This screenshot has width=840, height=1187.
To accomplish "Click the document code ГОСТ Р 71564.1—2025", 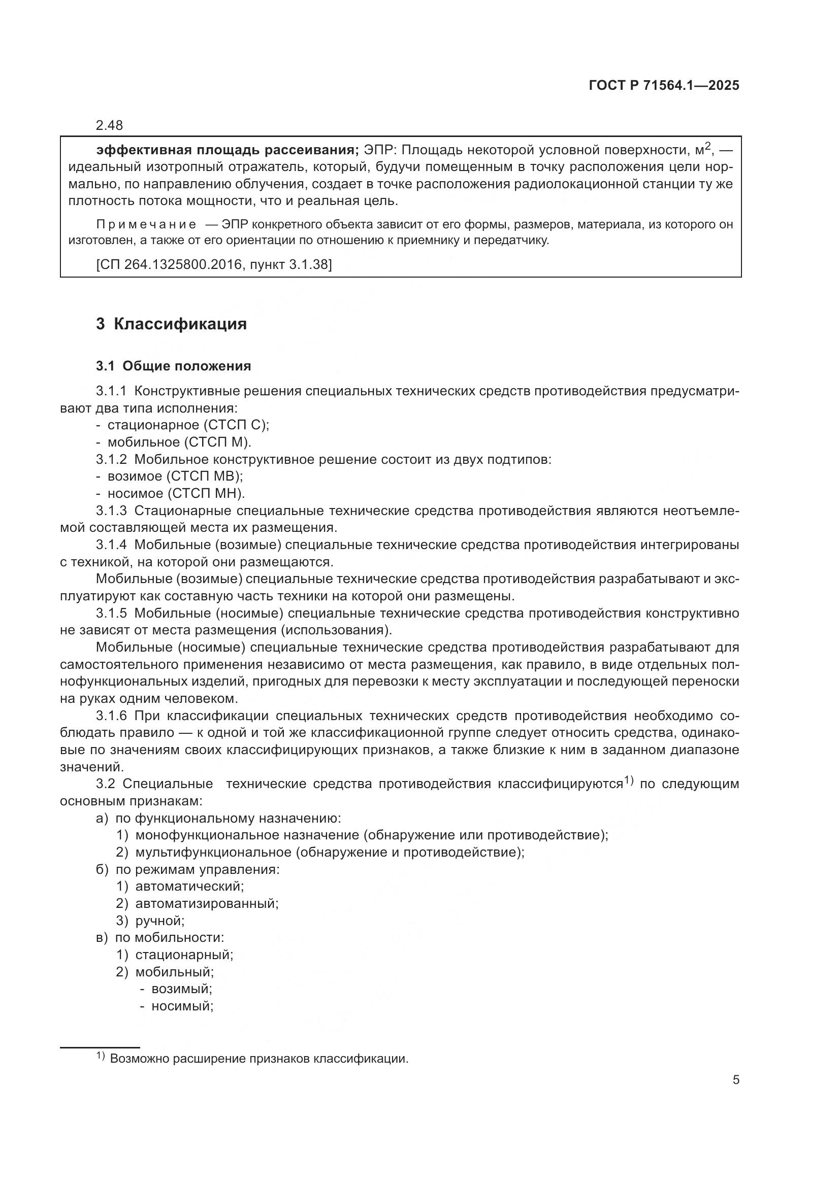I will point(664,85).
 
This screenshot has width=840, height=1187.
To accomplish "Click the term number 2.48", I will point(109,125).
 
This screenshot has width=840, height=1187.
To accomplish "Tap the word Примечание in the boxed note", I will point(146,224).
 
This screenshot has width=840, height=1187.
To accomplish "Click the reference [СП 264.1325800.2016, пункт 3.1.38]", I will point(214,265).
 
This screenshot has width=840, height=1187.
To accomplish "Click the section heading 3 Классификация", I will point(171,324).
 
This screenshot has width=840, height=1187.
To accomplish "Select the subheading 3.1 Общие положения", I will point(173,366).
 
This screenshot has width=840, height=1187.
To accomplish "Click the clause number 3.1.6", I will point(111,716).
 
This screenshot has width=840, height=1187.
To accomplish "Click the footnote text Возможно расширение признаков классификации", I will point(259,1059).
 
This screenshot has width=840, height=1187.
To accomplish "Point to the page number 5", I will point(735,1080).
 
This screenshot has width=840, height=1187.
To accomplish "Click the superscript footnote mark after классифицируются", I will point(628,780).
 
